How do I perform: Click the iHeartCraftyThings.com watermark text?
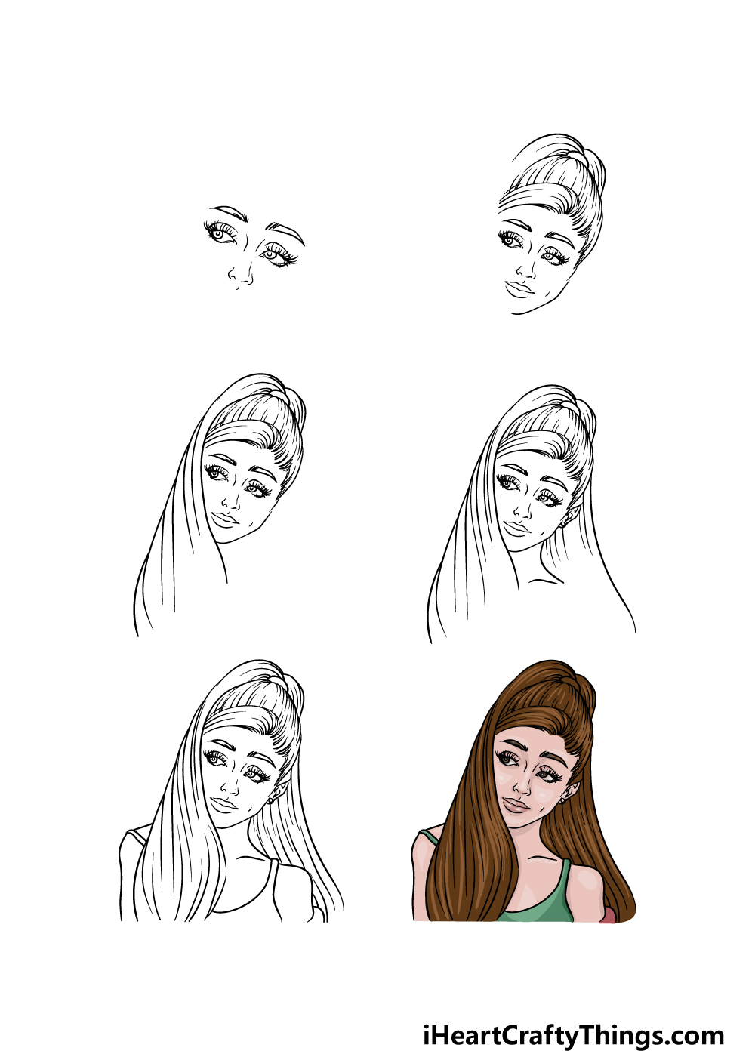point(573,1021)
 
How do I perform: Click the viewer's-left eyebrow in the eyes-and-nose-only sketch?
point(230,212)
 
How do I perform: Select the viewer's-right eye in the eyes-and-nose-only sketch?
point(278,255)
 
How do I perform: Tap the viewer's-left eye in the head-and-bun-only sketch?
point(510,241)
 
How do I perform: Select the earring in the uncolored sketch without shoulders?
point(563,525)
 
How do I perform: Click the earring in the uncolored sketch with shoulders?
point(270,800)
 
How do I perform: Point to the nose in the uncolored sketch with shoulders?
point(231,785)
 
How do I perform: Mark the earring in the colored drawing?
point(563,801)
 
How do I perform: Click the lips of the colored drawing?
point(516,805)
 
